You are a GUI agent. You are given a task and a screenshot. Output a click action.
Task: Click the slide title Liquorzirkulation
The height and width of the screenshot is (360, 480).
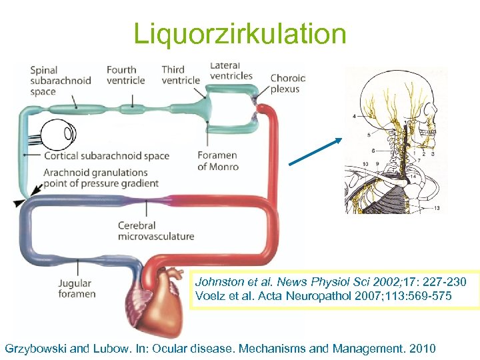(240, 33)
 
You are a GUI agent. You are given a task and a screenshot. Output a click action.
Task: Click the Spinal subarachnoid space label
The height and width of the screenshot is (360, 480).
(52, 80)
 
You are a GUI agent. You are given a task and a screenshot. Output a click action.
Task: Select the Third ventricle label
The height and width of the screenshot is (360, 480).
(180, 75)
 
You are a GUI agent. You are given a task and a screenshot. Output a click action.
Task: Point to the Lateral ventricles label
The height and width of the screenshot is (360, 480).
(231, 71)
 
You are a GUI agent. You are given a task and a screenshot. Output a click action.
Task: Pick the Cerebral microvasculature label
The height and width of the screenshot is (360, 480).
(155, 231)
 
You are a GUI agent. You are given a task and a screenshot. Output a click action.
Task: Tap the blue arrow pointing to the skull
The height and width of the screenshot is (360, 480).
(315, 151)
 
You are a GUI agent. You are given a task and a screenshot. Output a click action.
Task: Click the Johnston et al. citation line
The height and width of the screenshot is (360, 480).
(331, 282)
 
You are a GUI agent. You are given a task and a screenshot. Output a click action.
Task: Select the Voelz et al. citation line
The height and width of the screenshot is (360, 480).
(323, 295)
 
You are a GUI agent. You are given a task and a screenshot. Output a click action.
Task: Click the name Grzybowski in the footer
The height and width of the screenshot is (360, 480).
(40, 348)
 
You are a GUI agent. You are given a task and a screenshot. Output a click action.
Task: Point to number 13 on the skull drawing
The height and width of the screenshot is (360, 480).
(437, 209)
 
